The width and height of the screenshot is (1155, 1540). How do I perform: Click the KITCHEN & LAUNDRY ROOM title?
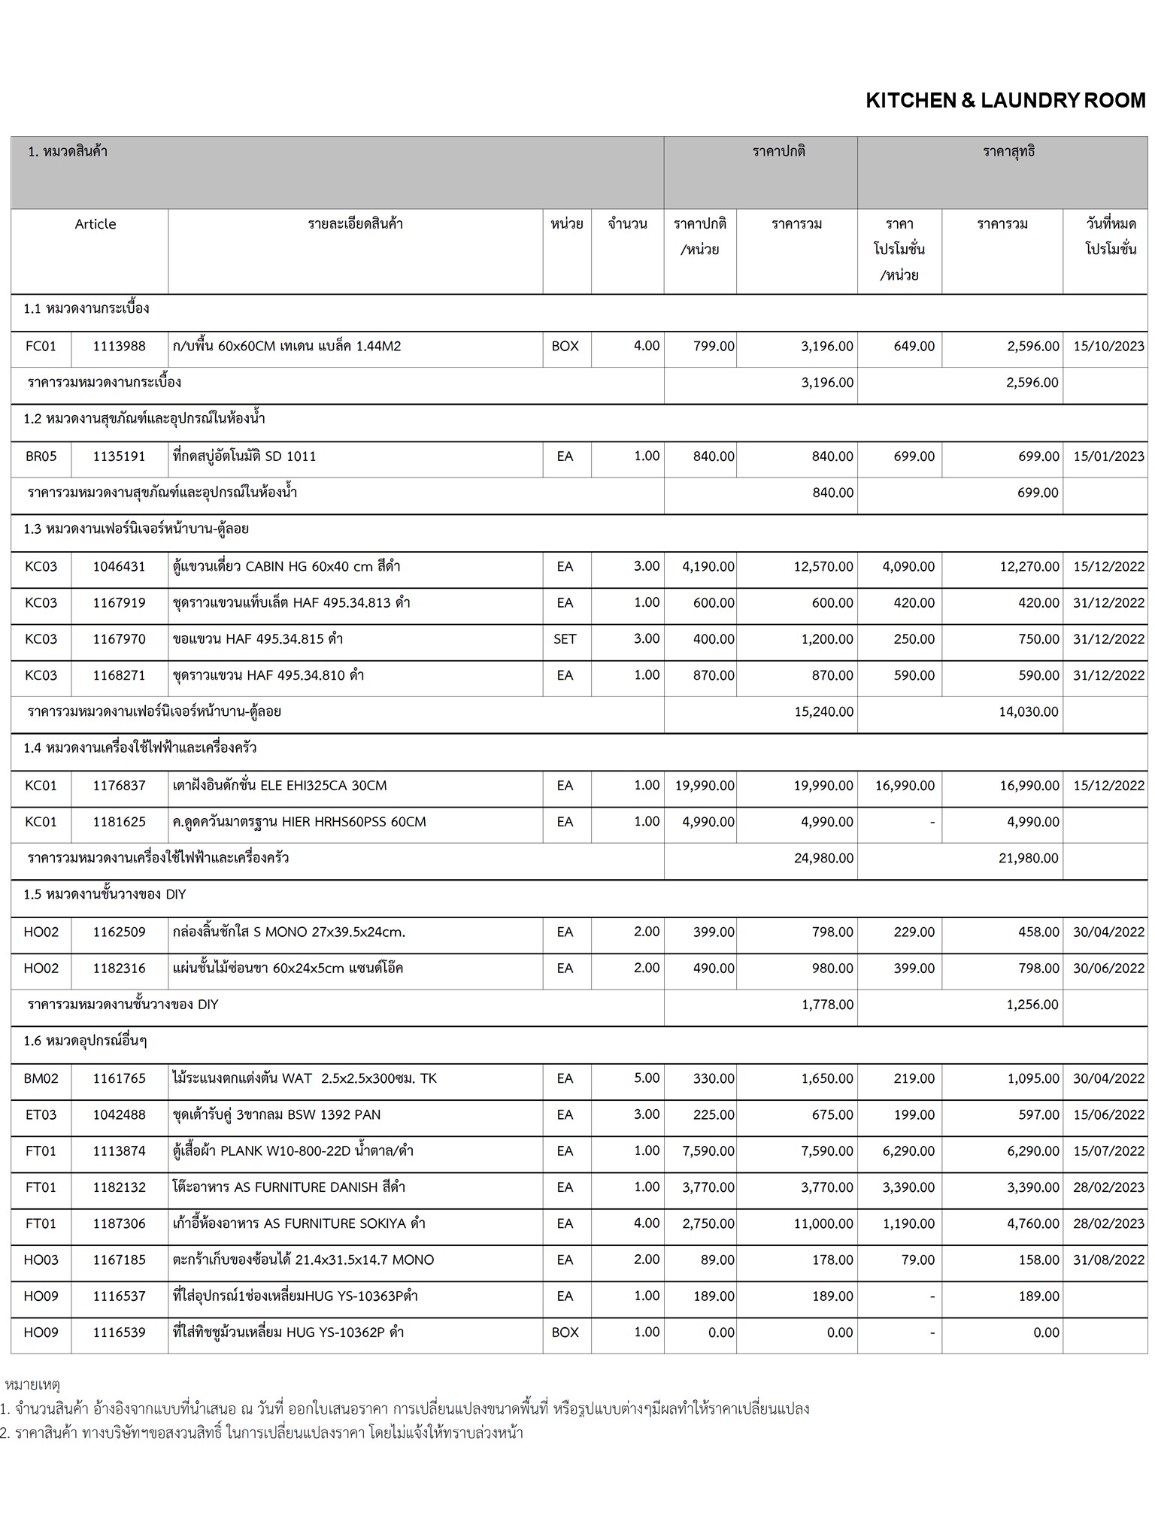point(1005,101)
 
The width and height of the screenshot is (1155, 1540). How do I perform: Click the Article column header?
point(95,224)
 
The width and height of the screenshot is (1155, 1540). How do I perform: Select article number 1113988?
point(119,347)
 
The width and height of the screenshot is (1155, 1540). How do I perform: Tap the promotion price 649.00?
point(914,347)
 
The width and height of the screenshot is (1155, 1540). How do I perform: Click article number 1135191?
point(119,456)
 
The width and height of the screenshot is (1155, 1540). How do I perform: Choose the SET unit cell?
point(565,639)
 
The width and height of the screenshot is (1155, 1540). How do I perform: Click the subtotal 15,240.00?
point(823,711)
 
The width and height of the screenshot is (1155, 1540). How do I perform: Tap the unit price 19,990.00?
point(705,786)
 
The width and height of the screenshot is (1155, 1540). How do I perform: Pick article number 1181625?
point(119,822)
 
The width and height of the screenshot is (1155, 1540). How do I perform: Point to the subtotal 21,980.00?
point(1028,858)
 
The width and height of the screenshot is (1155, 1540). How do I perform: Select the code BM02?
point(41,1078)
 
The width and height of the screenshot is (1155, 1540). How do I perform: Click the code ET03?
point(41,1114)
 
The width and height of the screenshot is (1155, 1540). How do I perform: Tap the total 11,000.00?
point(823,1223)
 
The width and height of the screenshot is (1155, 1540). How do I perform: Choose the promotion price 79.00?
point(917,1260)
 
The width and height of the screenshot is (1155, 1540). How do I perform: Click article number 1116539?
point(119,1332)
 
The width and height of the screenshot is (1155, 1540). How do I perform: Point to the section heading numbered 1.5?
point(105,895)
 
